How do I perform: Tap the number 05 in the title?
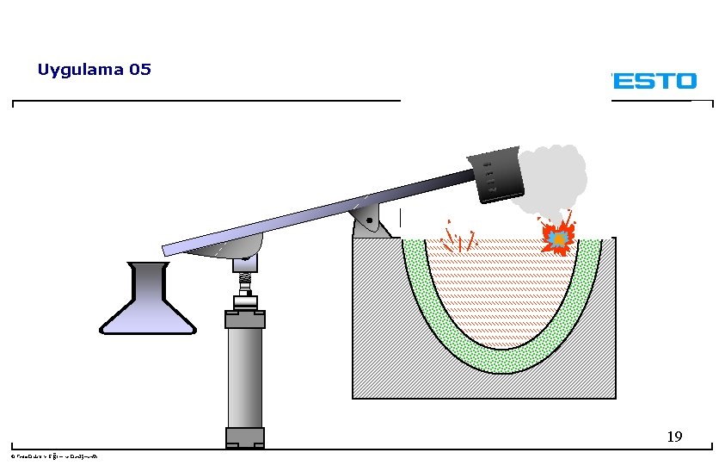point(139,70)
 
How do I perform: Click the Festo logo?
point(653,81)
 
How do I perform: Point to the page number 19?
point(674,437)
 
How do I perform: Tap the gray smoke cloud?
point(555,177)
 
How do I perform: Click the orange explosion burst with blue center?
point(558,235)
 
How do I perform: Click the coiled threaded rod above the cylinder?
point(245,282)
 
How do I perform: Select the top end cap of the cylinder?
point(245,319)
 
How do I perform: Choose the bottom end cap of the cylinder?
point(245,437)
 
